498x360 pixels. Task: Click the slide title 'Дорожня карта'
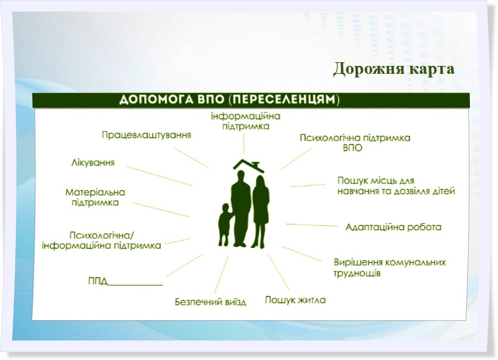pos(394,69)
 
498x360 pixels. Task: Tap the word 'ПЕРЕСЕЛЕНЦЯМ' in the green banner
pos(283,99)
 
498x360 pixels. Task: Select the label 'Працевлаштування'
pos(146,135)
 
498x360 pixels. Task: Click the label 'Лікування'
pos(93,163)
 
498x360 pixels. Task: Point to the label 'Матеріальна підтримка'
pos(95,198)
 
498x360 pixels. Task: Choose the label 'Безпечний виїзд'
pos(211,301)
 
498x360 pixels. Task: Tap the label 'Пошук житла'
pos(295,300)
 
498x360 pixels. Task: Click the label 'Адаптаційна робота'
pos(393,228)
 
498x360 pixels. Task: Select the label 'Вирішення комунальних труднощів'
pos(390,268)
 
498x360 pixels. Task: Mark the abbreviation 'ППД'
pos(98,281)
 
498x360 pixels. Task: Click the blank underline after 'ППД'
pos(135,285)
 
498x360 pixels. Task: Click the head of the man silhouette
pos(240,176)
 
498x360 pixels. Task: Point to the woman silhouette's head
pos(261,181)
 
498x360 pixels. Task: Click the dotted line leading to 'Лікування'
pos(159,176)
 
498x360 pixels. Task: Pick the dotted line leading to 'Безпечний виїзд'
pos(222,275)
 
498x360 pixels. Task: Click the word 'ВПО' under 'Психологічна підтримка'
pos(353,148)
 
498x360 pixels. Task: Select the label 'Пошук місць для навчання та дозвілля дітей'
pos(396,186)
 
